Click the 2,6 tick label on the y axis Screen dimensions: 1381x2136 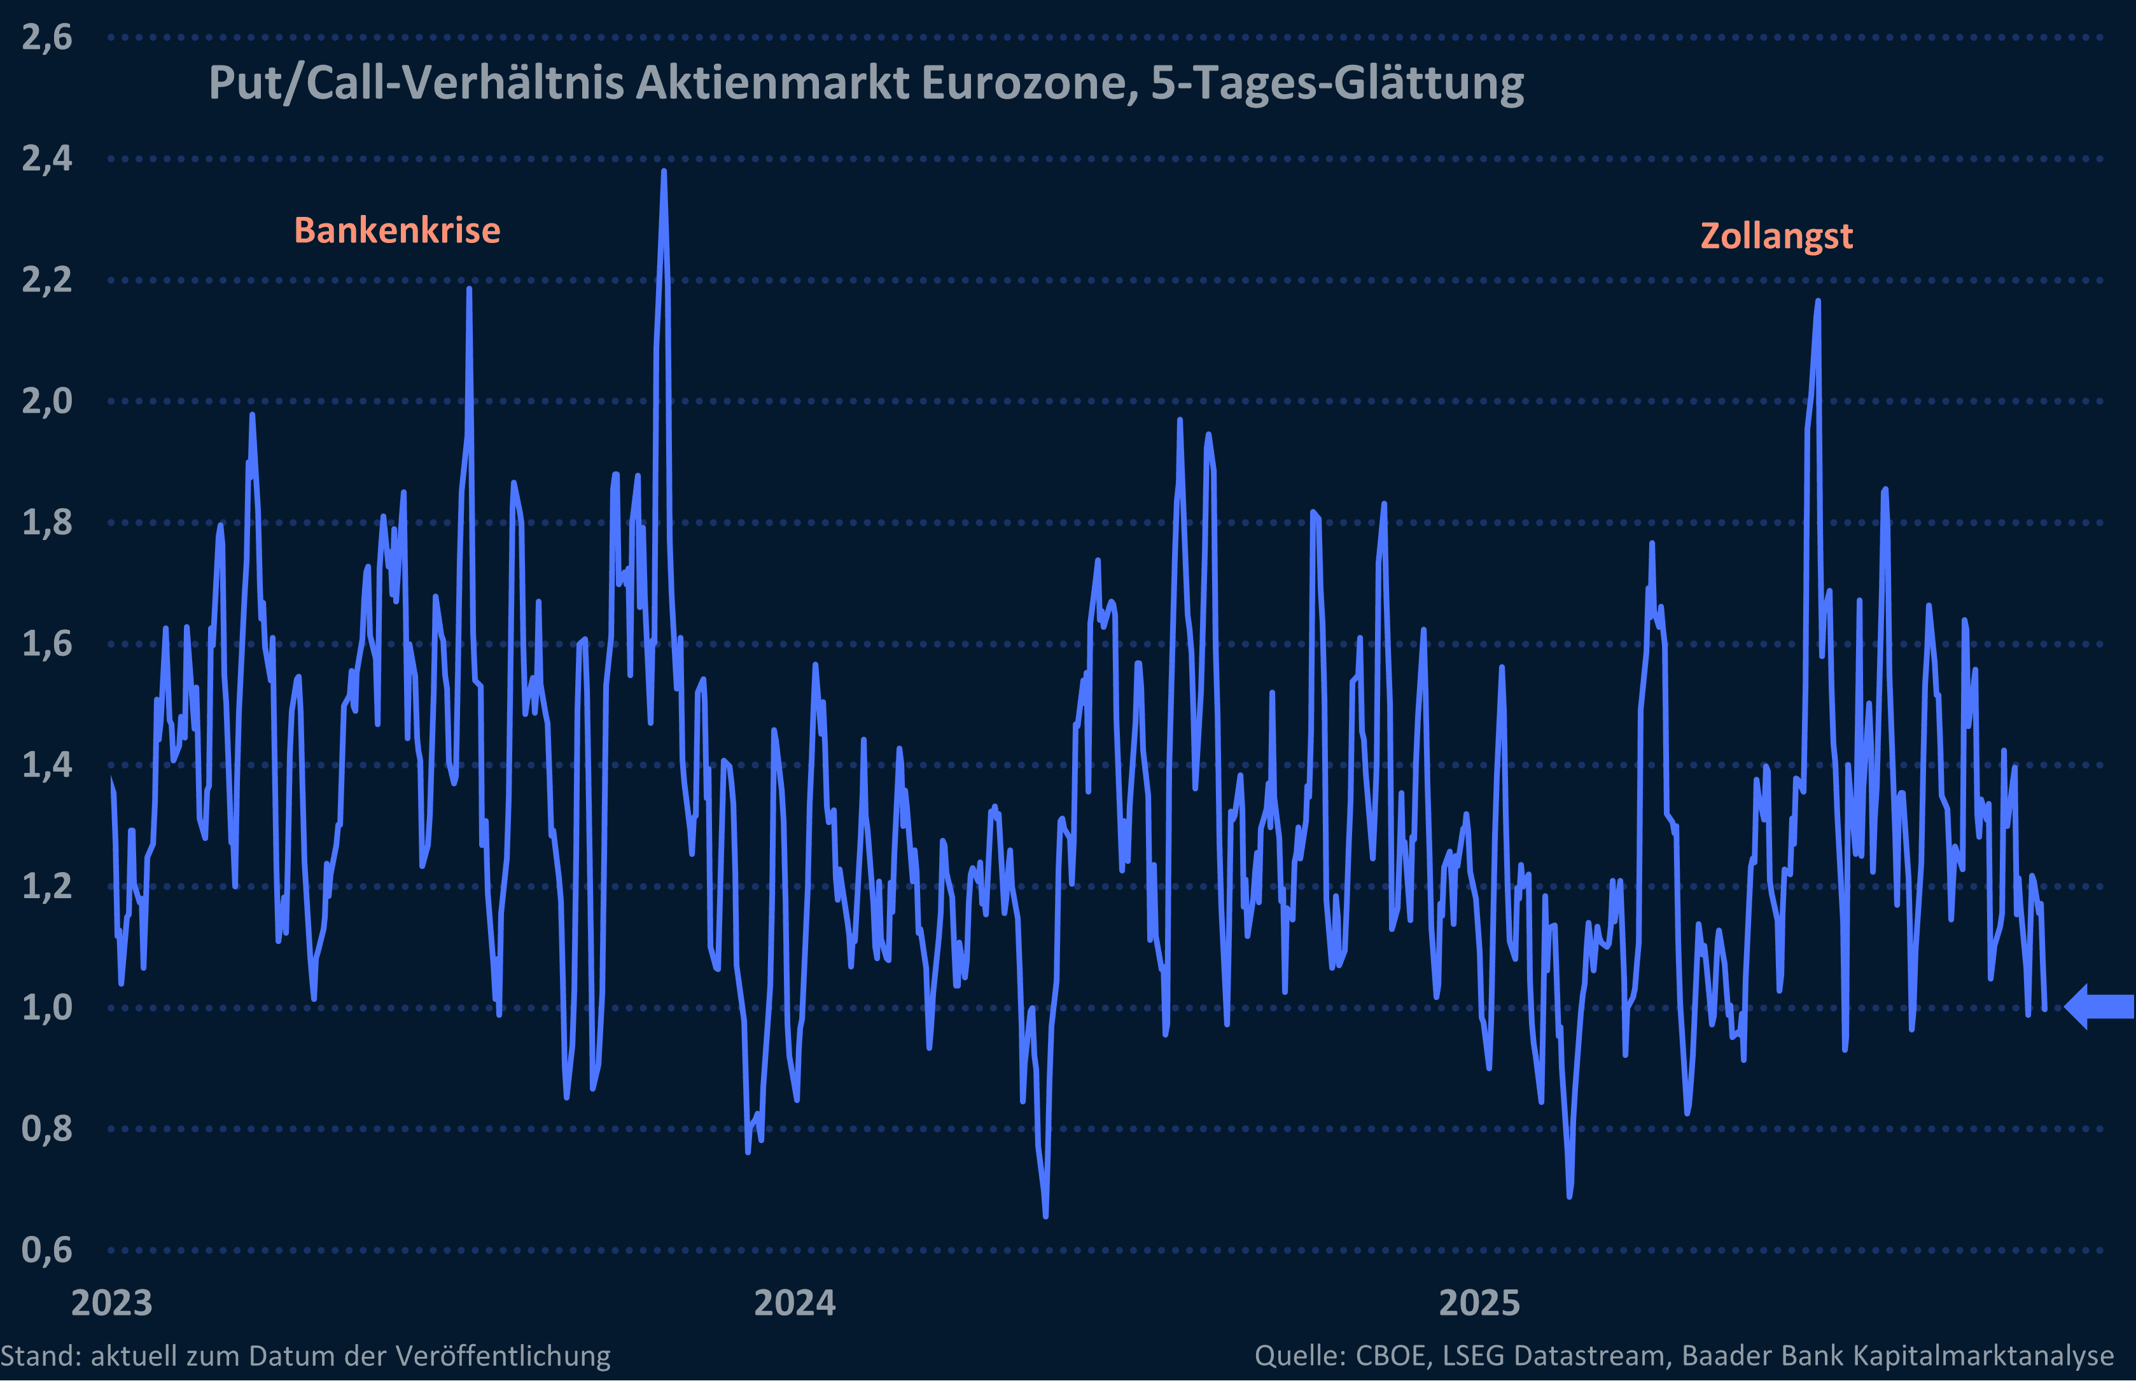[x=46, y=38]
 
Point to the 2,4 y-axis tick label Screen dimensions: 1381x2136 [x=46, y=159]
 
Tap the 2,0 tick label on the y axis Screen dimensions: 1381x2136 [x=46, y=401]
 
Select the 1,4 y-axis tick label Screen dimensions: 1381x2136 [x=46, y=765]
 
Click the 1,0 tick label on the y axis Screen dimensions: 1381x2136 [x=46, y=1007]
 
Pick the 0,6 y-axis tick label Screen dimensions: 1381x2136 [x=46, y=1249]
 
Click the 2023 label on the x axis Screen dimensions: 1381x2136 [x=112, y=1303]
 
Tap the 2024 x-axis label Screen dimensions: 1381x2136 [x=795, y=1303]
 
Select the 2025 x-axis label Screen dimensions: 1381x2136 [x=1479, y=1303]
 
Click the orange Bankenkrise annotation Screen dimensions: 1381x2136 [x=397, y=230]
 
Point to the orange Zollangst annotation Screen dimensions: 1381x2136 [x=1777, y=236]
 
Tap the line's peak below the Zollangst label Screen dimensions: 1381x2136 [x=1818, y=302]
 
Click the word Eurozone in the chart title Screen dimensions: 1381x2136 [x=1030, y=83]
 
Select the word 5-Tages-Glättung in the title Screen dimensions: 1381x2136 [x=1337, y=83]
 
